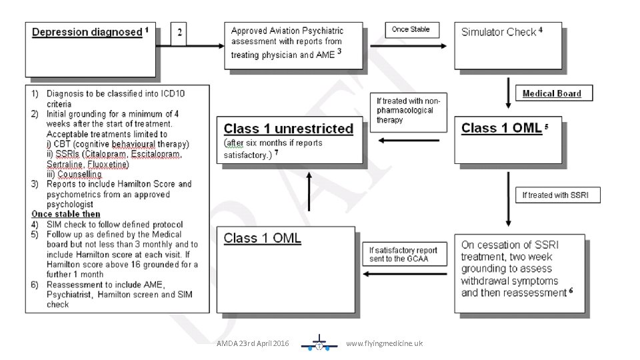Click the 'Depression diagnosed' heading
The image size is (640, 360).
87,32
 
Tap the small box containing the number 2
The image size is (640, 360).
179,33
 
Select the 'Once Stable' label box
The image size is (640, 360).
411,30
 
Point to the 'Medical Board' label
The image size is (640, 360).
551,94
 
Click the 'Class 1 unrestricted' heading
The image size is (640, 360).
288,129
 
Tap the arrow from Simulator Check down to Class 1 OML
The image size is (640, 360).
509,94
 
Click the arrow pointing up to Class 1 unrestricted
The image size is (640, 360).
309,190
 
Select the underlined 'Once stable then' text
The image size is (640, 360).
66,214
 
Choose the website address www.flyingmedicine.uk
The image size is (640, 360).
384,344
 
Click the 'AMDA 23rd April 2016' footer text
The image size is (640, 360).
253,344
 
